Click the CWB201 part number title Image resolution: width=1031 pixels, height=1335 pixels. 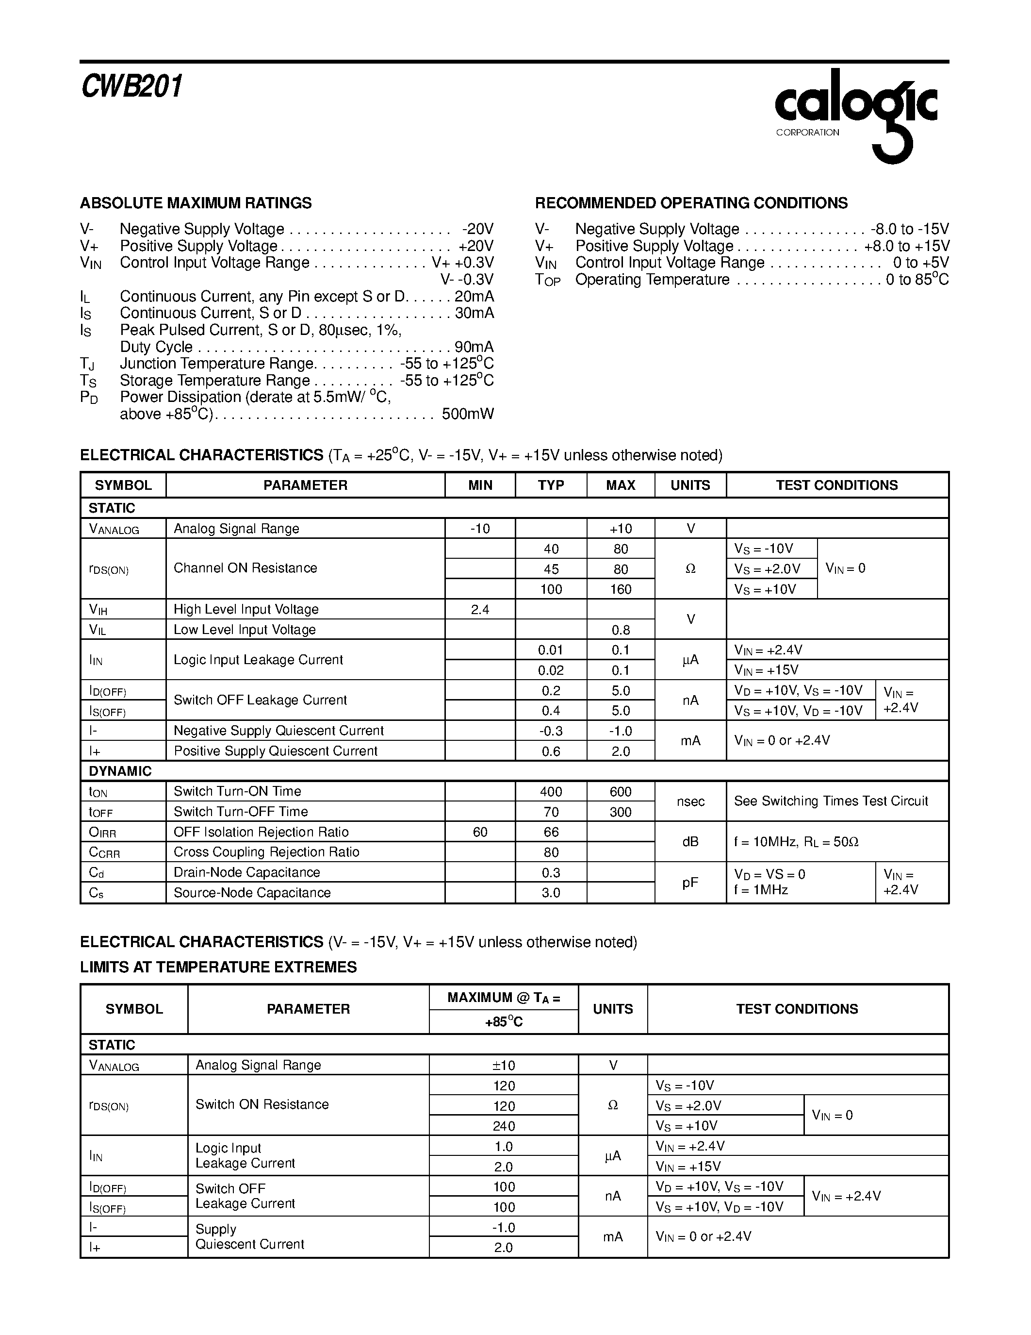tap(132, 86)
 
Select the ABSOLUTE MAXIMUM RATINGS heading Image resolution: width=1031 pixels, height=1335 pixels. tap(196, 203)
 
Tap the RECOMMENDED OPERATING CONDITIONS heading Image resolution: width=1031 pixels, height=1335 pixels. tap(691, 203)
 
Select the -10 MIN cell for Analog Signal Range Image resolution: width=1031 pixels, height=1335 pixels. tap(480, 528)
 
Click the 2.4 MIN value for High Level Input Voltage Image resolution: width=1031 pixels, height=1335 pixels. tap(480, 609)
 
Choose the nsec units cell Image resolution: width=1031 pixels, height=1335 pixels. tap(690, 801)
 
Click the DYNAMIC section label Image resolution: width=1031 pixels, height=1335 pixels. tap(120, 771)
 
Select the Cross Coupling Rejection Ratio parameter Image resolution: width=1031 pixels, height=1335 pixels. tap(266, 852)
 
